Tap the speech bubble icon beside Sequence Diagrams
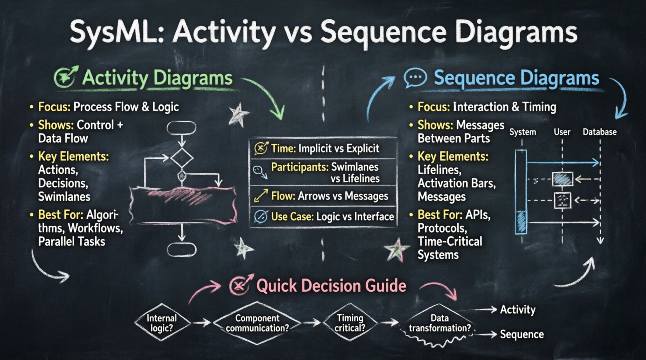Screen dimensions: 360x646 tap(415, 78)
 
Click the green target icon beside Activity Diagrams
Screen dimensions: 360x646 tap(66, 77)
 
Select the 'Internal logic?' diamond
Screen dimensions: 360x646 tap(162, 323)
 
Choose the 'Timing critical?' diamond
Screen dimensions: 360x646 tap(350, 323)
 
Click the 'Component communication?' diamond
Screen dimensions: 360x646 tap(257, 323)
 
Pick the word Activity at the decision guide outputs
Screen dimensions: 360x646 tap(517, 310)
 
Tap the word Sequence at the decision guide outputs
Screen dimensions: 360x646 tap(521, 334)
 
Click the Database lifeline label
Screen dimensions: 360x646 tap(599, 132)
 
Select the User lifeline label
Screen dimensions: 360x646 tap(562, 132)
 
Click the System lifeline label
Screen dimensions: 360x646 tap(523, 132)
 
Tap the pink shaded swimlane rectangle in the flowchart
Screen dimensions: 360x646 tap(182, 205)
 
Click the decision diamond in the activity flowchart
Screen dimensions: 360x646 tap(182, 157)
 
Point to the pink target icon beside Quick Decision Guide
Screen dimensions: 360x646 tap(241, 286)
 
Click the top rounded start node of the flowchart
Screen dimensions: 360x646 tap(181, 128)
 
